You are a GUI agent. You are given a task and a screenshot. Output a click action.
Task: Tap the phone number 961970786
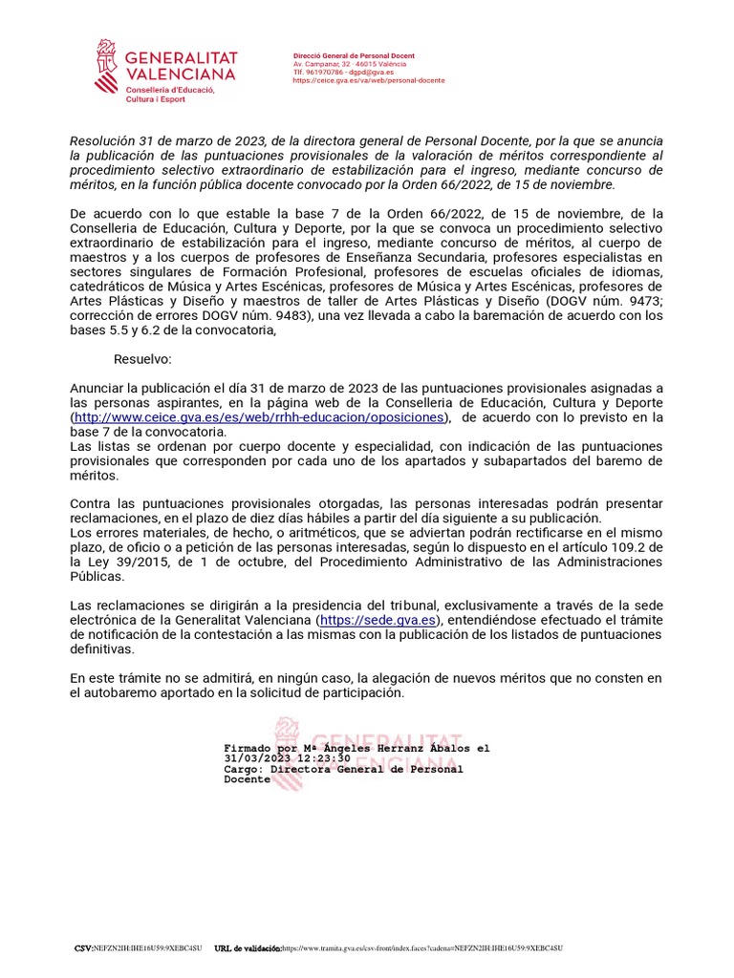coord(329,73)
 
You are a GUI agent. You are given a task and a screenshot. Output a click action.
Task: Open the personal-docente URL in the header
coord(369,80)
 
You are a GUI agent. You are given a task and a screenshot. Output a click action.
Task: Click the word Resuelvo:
coord(142,359)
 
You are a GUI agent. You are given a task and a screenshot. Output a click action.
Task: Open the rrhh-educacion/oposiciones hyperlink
coord(259,417)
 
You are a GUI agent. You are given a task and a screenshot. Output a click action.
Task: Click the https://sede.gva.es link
coord(378,620)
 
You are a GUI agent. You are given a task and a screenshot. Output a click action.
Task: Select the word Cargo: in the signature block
coord(244,769)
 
